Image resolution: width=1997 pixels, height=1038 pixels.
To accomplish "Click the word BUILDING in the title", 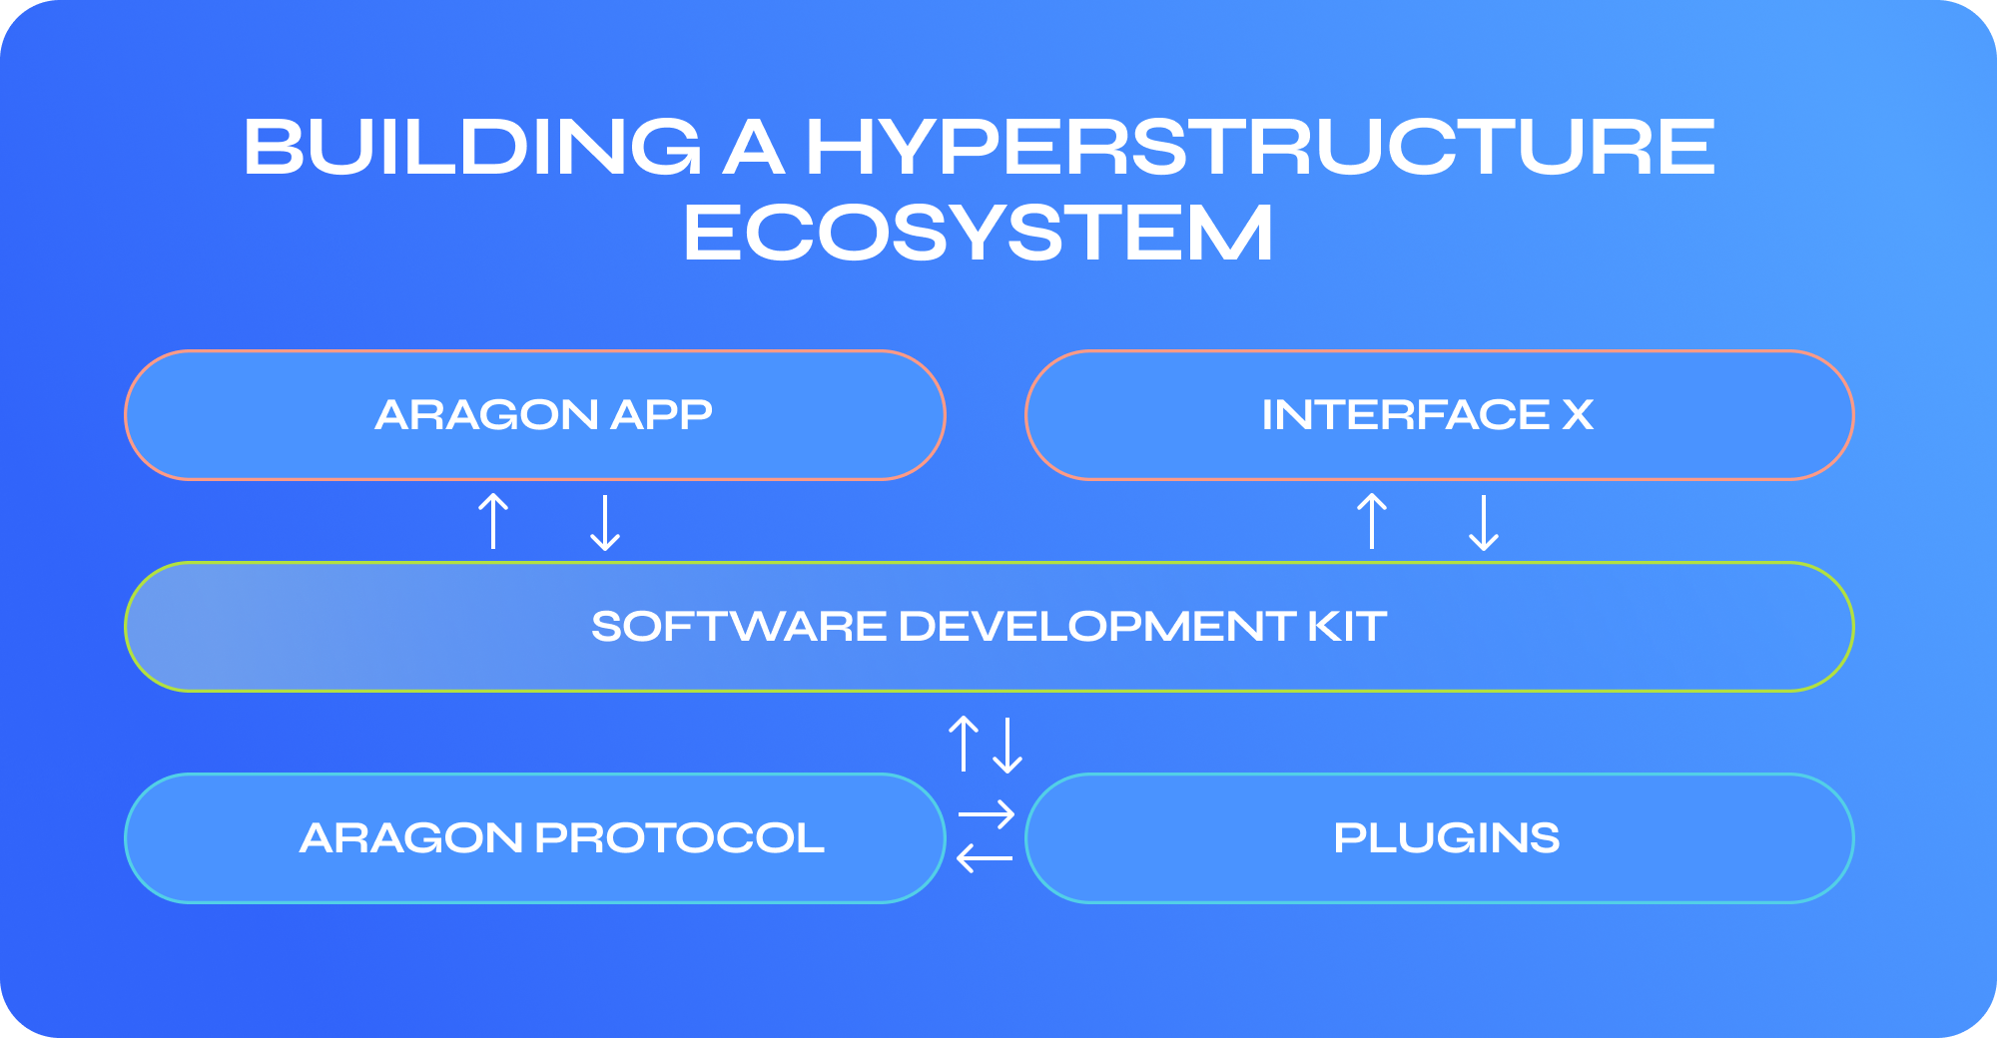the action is click(x=473, y=147).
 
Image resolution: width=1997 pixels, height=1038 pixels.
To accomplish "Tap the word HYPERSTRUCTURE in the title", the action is click(x=1260, y=147).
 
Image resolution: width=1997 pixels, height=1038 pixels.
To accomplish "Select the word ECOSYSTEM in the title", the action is click(x=979, y=233).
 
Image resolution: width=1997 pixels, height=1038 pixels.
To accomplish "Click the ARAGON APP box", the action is click(x=535, y=415).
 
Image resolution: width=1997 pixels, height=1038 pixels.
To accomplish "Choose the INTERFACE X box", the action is click(x=1440, y=415).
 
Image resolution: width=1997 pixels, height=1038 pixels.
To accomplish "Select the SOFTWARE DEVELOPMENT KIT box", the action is click(x=990, y=627).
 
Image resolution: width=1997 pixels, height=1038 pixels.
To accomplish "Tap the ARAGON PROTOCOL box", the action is click(x=535, y=838).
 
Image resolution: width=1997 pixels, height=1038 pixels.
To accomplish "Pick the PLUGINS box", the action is click(x=1440, y=838).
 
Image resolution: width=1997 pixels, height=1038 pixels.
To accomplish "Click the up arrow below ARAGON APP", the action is click(x=493, y=521).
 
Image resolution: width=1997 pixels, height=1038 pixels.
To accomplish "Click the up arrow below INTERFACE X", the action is click(x=1372, y=521).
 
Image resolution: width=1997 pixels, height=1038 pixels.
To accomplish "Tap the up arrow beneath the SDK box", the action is click(x=964, y=744).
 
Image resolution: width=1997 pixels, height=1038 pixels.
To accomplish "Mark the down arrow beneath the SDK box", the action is click(x=1008, y=746).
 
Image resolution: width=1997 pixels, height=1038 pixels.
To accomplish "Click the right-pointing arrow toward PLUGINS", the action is click(x=987, y=815).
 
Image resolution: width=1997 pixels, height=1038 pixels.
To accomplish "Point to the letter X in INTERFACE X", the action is click(x=1579, y=415).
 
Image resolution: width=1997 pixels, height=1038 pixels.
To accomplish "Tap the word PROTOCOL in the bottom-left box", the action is click(x=680, y=838).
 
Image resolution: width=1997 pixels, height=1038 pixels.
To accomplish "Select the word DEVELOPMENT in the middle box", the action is click(x=1097, y=627).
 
